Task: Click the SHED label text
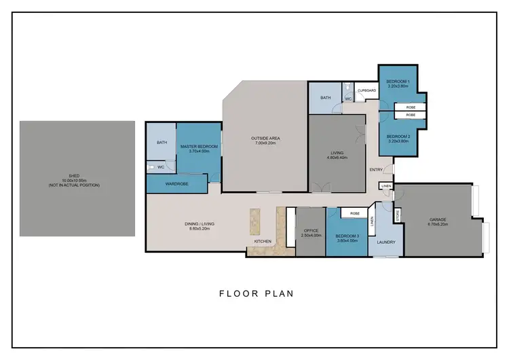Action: pyautogui.click(x=69, y=175)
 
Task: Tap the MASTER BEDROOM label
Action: pyautogui.click(x=199, y=147)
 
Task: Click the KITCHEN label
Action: pyautogui.click(x=263, y=241)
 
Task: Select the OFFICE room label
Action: pyautogui.click(x=312, y=230)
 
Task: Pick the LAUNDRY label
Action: pyautogui.click(x=385, y=241)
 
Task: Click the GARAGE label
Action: pyautogui.click(x=437, y=219)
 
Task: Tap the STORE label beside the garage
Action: pyautogui.click(x=397, y=215)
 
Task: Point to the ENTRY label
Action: pyautogui.click(x=375, y=169)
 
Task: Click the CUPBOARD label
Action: pyautogui.click(x=366, y=90)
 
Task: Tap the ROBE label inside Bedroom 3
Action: pyautogui.click(x=354, y=213)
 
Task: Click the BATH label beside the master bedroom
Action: pyautogui.click(x=162, y=143)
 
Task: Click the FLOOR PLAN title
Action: pyautogui.click(x=255, y=294)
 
